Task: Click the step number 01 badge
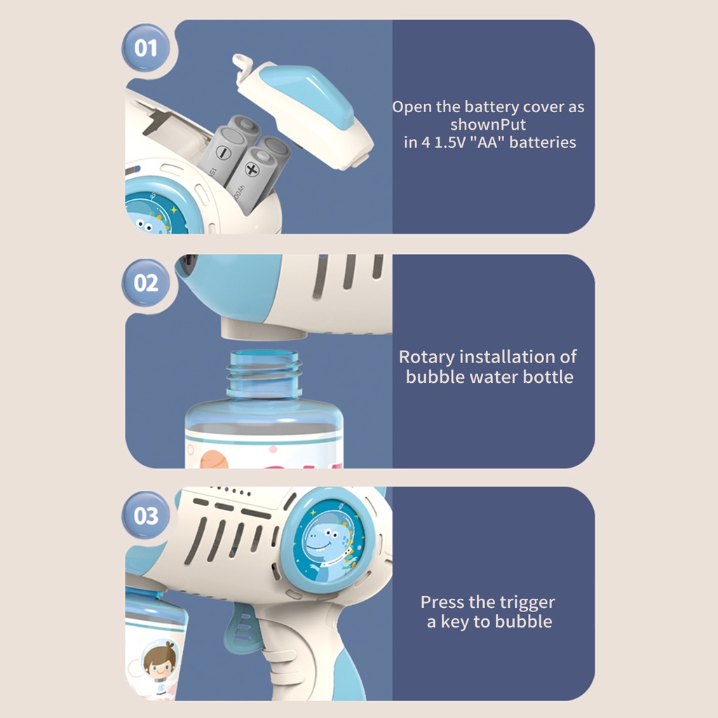146,48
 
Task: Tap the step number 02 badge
146,283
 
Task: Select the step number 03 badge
146,515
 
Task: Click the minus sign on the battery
224,152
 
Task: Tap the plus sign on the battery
252,170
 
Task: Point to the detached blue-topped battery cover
302,112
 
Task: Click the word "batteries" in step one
543,142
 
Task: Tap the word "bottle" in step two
548,377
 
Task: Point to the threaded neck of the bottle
265,374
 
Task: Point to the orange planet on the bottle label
215,459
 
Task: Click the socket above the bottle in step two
264,328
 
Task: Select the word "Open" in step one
412,107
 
